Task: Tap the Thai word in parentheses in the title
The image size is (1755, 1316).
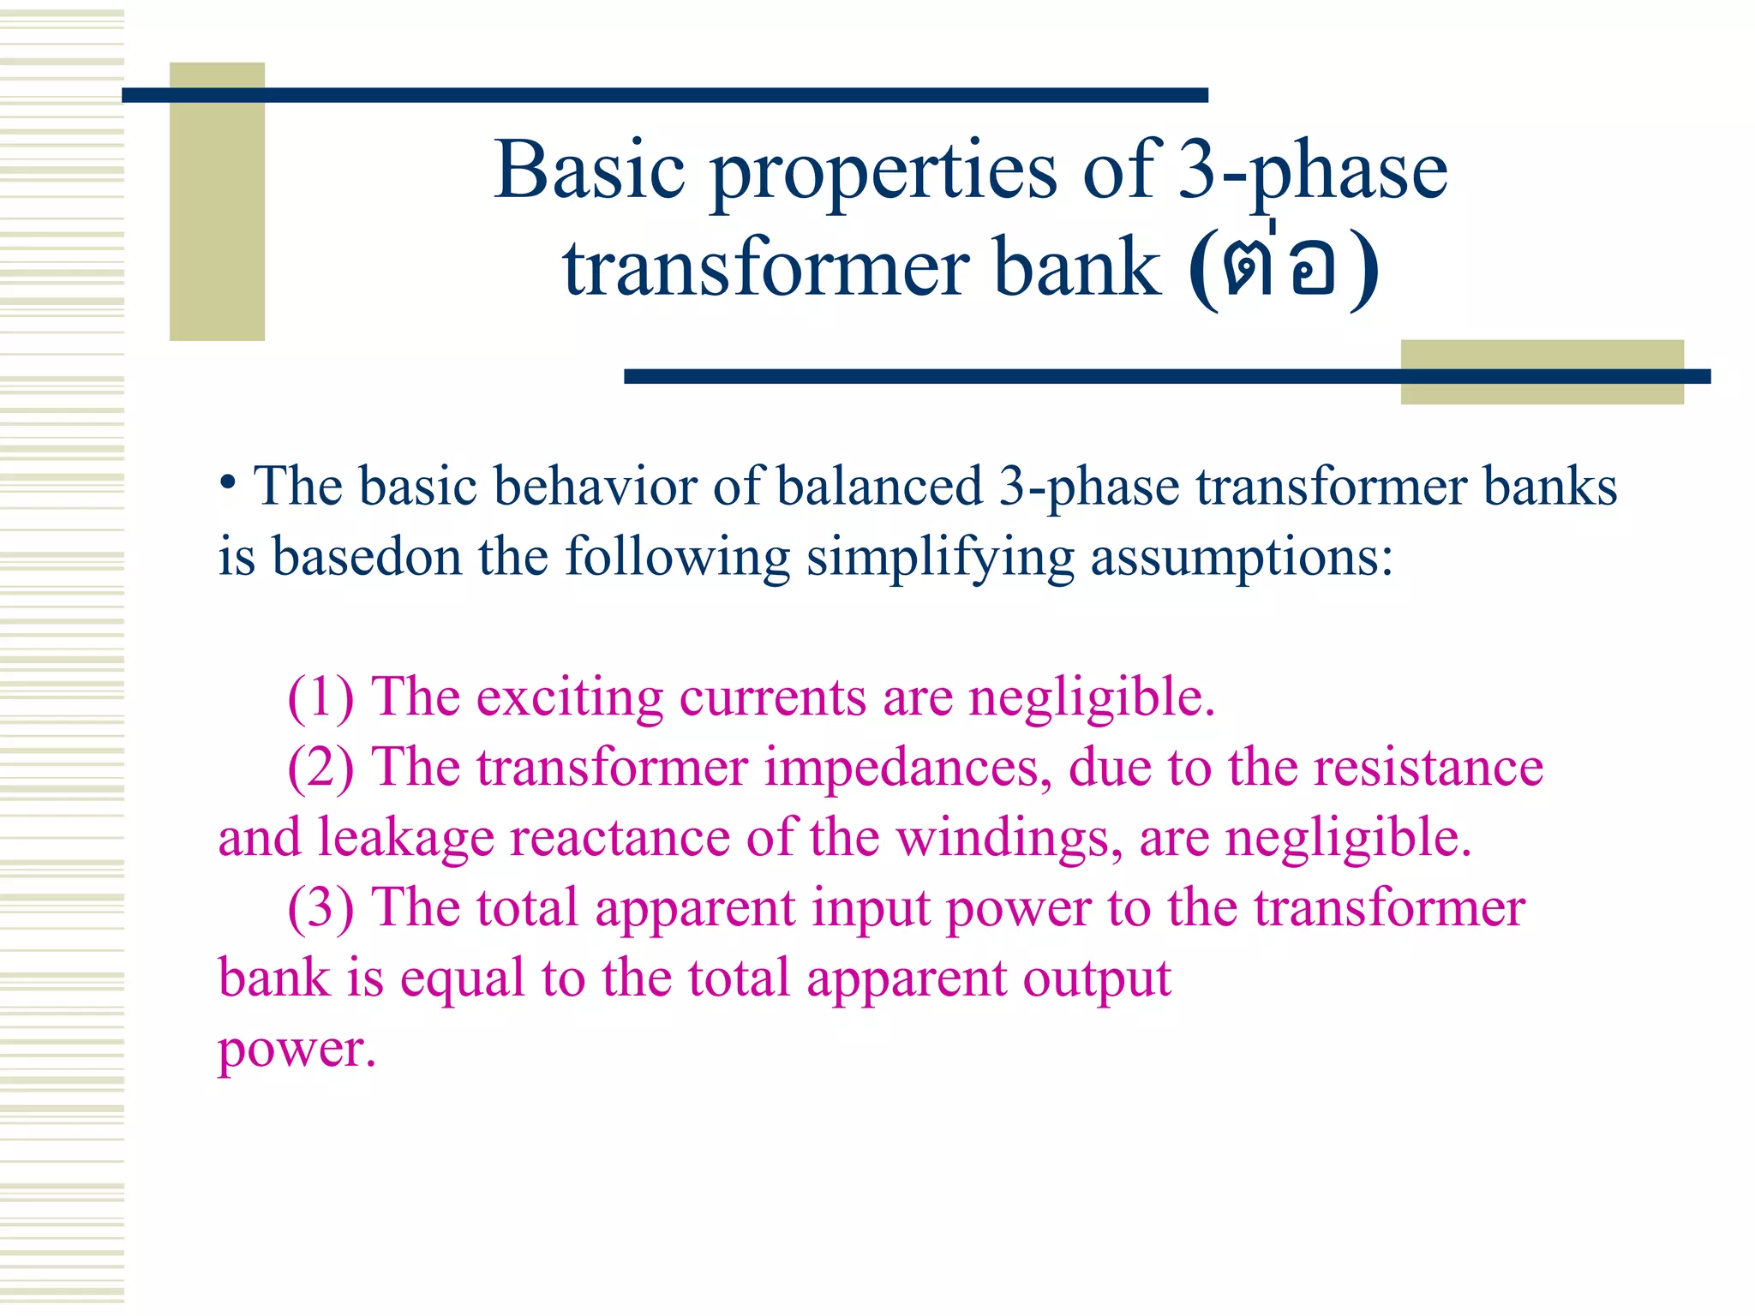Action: pyautogui.click(x=1283, y=267)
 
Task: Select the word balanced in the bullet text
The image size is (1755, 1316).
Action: pyautogui.click(x=879, y=486)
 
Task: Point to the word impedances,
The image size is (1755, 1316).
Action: pyautogui.click(x=907, y=769)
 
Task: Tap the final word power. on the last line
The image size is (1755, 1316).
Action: pyautogui.click(x=296, y=1051)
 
